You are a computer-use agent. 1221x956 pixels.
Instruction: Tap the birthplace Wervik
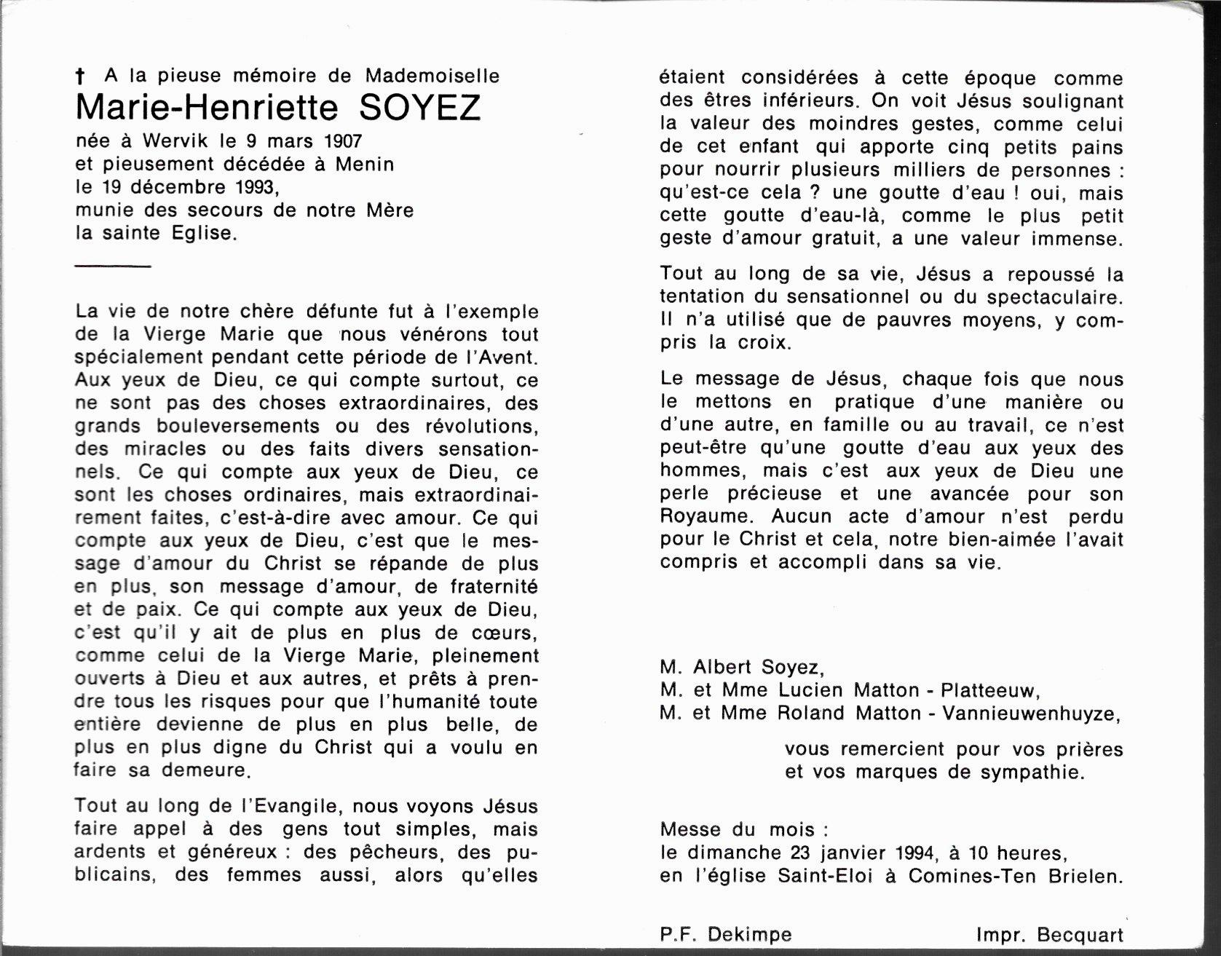coord(175,141)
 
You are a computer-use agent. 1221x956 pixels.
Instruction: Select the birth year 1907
coord(336,141)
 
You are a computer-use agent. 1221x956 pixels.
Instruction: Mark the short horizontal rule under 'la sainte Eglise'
coord(113,266)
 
